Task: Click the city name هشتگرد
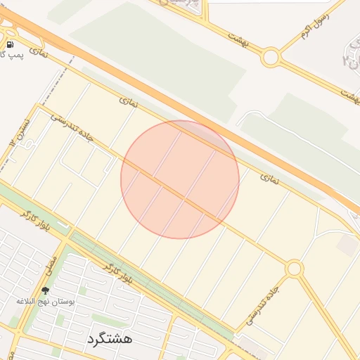(x=110, y=338)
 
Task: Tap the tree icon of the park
(x=46, y=290)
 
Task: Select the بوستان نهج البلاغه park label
(x=46, y=301)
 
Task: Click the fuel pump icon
(x=10, y=45)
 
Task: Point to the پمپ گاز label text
(x=11, y=55)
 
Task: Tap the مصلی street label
(x=51, y=264)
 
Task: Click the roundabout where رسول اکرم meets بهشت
(x=271, y=57)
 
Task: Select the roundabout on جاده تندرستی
(x=294, y=268)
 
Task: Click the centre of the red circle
(x=180, y=179)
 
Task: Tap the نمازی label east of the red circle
(x=269, y=180)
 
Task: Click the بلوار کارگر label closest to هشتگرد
(x=117, y=274)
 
